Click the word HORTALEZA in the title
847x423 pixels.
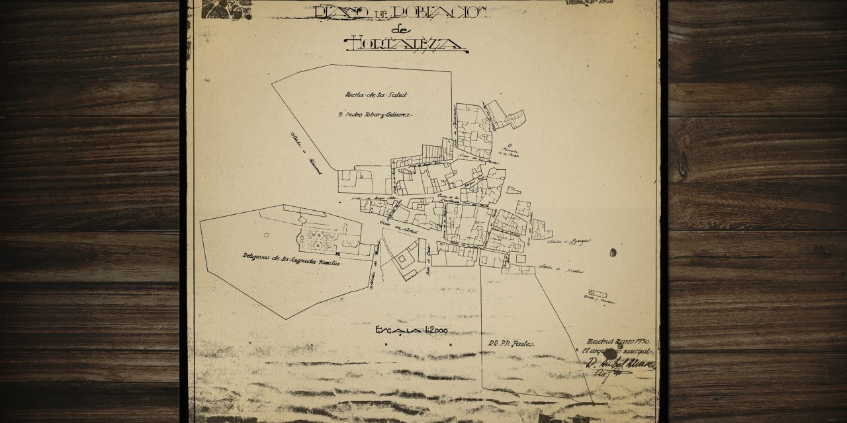point(405,44)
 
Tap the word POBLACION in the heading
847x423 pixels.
point(436,11)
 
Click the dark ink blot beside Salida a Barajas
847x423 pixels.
point(611,251)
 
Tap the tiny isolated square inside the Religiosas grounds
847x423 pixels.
point(266,235)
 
